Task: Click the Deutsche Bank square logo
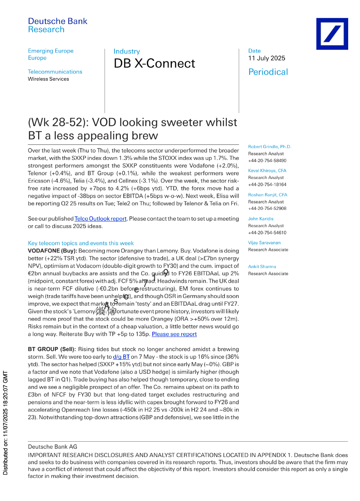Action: click(x=332, y=34)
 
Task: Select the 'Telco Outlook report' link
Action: click(x=100, y=219)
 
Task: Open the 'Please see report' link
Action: click(x=174, y=334)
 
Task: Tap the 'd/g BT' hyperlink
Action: click(x=121, y=357)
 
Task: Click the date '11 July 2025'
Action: click(x=267, y=58)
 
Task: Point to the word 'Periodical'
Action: click(x=268, y=72)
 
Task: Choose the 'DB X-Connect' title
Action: click(x=154, y=63)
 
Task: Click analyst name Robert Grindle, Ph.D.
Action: click(x=269, y=147)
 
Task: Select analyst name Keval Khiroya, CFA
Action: click(x=267, y=171)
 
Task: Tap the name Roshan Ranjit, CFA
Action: click(x=268, y=195)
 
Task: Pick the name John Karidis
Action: click(x=261, y=219)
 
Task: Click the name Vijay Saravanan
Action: click(x=264, y=243)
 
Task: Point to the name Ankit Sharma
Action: click(x=262, y=267)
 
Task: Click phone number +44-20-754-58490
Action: click(x=267, y=161)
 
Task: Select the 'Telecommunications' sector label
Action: click(x=55, y=72)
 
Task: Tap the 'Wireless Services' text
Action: click(x=48, y=79)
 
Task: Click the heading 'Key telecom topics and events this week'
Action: click(x=81, y=243)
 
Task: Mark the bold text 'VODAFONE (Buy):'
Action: click(x=52, y=251)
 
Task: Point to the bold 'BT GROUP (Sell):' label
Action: click(x=53, y=349)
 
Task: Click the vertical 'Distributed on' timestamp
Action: click(x=5, y=423)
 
